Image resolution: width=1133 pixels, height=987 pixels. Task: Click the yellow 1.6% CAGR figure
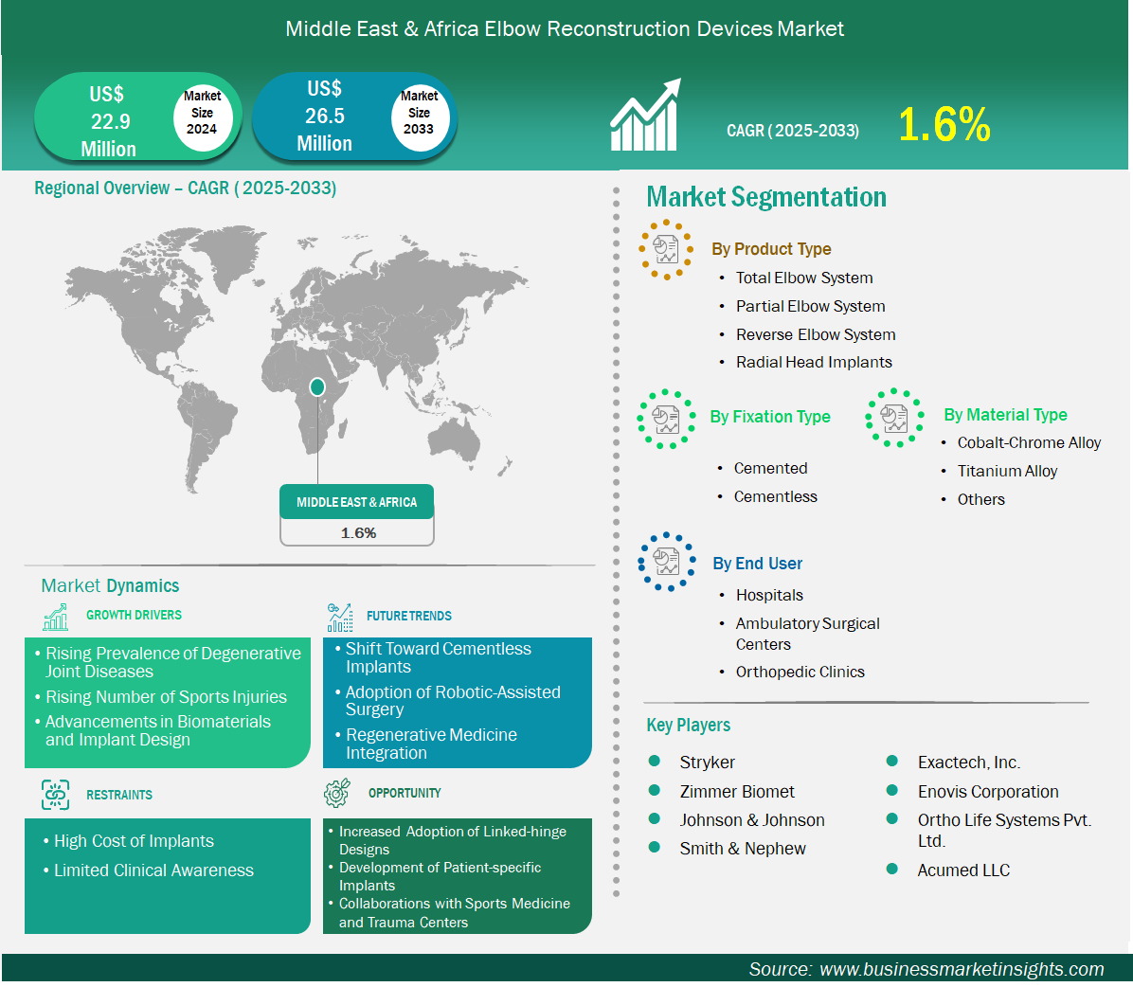click(x=944, y=124)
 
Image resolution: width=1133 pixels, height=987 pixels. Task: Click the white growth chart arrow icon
click(x=645, y=115)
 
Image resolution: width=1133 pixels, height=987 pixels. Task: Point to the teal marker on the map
click(x=316, y=387)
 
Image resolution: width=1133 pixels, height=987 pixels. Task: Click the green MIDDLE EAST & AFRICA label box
click(x=357, y=501)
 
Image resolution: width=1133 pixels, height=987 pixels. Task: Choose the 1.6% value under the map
click(x=358, y=533)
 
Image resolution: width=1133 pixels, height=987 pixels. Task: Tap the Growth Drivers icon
click(x=56, y=617)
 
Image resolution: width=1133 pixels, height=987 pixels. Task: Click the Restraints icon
click(x=56, y=795)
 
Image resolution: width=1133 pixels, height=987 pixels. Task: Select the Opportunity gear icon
click(x=337, y=793)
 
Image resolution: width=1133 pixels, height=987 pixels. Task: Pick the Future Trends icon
click(x=339, y=617)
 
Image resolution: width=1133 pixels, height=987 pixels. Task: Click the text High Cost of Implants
click(x=134, y=841)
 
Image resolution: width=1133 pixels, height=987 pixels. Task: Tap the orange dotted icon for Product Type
click(x=666, y=250)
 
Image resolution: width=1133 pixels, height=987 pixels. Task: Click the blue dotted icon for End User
click(x=667, y=562)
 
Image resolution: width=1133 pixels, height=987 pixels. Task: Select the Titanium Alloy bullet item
click(x=1007, y=471)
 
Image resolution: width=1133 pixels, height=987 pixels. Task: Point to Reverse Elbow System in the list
click(x=816, y=334)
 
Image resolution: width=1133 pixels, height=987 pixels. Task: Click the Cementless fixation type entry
click(x=775, y=496)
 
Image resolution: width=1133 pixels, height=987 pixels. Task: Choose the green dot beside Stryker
click(x=655, y=761)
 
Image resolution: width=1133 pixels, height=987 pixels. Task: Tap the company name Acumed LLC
click(x=963, y=870)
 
